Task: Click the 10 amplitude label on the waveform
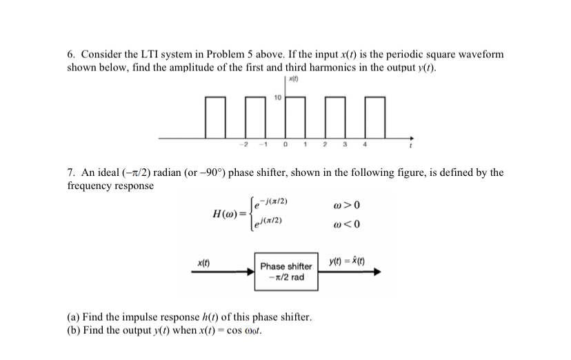pyautogui.click(x=277, y=98)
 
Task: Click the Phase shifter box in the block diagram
pyautogui.click(x=285, y=271)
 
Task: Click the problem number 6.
pyautogui.click(x=70, y=54)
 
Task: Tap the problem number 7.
pyautogui.click(x=70, y=172)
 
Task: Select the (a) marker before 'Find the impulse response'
pyautogui.click(x=72, y=317)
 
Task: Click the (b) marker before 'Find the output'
pyautogui.click(x=72, y=329)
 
